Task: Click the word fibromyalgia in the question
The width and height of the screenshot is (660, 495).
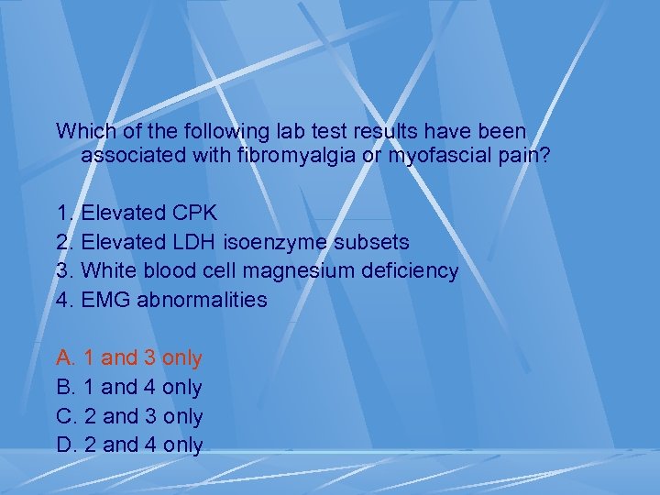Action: tap(291, 156)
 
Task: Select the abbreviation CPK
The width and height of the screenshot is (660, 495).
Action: tap(194, 214)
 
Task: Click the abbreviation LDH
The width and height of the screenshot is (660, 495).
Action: tap(193, 242)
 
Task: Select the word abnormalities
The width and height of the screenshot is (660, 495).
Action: tap(203, 300)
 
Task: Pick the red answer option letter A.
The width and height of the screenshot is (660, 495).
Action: tap(65, 357)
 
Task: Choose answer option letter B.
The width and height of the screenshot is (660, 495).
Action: tap(65, 387)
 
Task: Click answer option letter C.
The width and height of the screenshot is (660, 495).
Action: tap(65, 416)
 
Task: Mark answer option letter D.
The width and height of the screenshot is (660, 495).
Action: tap(65, 445)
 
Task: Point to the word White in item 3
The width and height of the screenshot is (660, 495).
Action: tap(107, 271)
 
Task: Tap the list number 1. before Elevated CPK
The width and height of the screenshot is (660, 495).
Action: tap(65, 214)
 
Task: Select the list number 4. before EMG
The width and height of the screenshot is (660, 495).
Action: tap(65, 300)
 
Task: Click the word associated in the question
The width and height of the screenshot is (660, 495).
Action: tap(135, 156)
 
